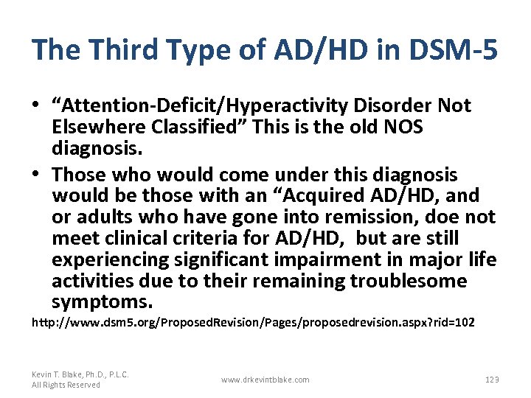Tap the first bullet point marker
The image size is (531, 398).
coord(36,106)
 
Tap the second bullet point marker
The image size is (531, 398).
coord(36,175)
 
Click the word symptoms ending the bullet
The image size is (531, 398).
coord(102,302)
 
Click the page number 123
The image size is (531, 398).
coord(492,379)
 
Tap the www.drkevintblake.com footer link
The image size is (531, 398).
coord(265,379)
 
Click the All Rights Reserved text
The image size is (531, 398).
coord(66,385)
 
